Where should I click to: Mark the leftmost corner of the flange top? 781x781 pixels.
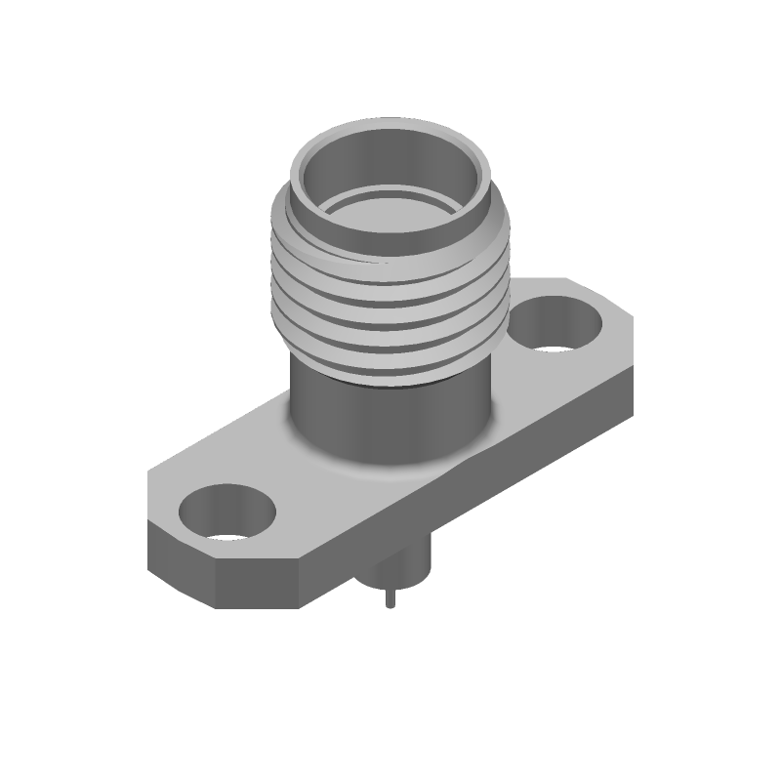(149, 475)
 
